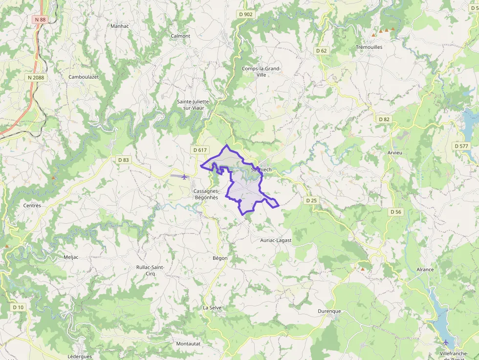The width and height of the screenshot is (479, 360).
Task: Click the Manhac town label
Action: [120, 26]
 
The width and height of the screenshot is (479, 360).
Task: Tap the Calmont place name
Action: [180, 36]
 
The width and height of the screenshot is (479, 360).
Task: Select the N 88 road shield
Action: [40, 20]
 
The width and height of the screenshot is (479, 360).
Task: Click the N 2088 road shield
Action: [36, 77]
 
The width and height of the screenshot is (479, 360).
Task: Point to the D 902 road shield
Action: [246, 14]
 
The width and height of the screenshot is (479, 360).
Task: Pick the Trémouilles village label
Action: [369, 47]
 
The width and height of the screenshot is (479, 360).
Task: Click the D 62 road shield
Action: [321, 50]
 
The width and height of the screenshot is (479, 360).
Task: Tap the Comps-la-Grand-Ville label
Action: [261, 72]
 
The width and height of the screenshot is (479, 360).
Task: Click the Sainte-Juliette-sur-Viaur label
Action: [193, 105]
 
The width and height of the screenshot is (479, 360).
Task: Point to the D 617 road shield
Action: [200, 149]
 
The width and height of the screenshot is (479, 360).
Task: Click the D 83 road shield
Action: [123, 160]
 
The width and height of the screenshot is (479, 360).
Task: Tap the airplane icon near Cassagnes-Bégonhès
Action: [184, 176]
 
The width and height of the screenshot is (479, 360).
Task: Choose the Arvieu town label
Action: [394, 153]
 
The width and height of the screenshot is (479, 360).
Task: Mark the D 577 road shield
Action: [461, 146]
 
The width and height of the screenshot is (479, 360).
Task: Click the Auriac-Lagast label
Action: [276, 240]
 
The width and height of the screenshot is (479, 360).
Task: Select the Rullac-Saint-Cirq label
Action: [150, 271]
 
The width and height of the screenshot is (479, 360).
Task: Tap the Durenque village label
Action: [329, 311]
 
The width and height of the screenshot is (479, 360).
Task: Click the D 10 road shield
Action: [18, 307]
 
